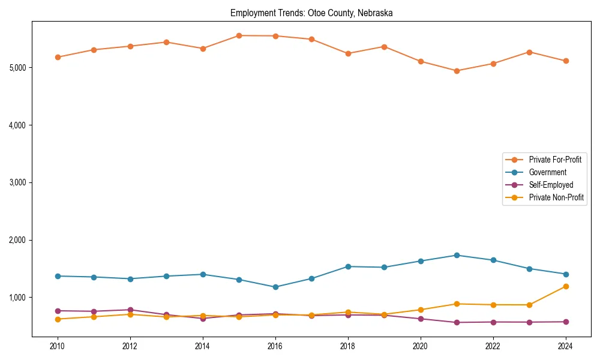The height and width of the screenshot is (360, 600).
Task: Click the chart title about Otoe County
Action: pyautogui.click(x=311, y=13)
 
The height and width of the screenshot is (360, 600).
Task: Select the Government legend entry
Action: pyautogui.click(x=547, y=172)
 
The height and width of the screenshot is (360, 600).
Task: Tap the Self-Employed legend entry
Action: pyautogui.click(x=551, y=185)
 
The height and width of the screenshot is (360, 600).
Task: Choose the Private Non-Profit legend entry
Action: pyautogui.click(x=556, y=197)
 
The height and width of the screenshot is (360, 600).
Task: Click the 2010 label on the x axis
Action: pyautogui.click(x=58, y=346)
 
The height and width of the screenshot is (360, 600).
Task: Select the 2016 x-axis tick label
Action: pyautogui.click(x=275, y=346)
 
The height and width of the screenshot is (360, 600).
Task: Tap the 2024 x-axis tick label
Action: pyautogui.click(x=565, y=346)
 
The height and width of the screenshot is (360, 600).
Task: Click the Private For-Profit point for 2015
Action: pyautogui.click(x=239, y=35)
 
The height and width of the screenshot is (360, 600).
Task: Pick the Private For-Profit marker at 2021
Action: pyautogui.click(x=457, y=71)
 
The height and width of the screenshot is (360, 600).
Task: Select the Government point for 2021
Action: pyautogui.click(x=457, y=255)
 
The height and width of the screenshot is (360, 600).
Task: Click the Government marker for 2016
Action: pyautogui.click(x=275, y=287)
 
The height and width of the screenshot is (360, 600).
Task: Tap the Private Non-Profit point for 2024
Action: pyautogui.click(x=565, y=286)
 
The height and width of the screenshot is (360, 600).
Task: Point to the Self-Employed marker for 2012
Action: pyautogui.click(x=130, y=310)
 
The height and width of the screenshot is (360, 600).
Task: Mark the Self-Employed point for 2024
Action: pyautogui.click(x=565, y=322)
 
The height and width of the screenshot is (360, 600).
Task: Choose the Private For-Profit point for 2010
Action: pyautogui.click(x=58, y=57)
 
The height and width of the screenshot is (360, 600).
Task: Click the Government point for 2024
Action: pyautogui.click(x=565, y=274)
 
